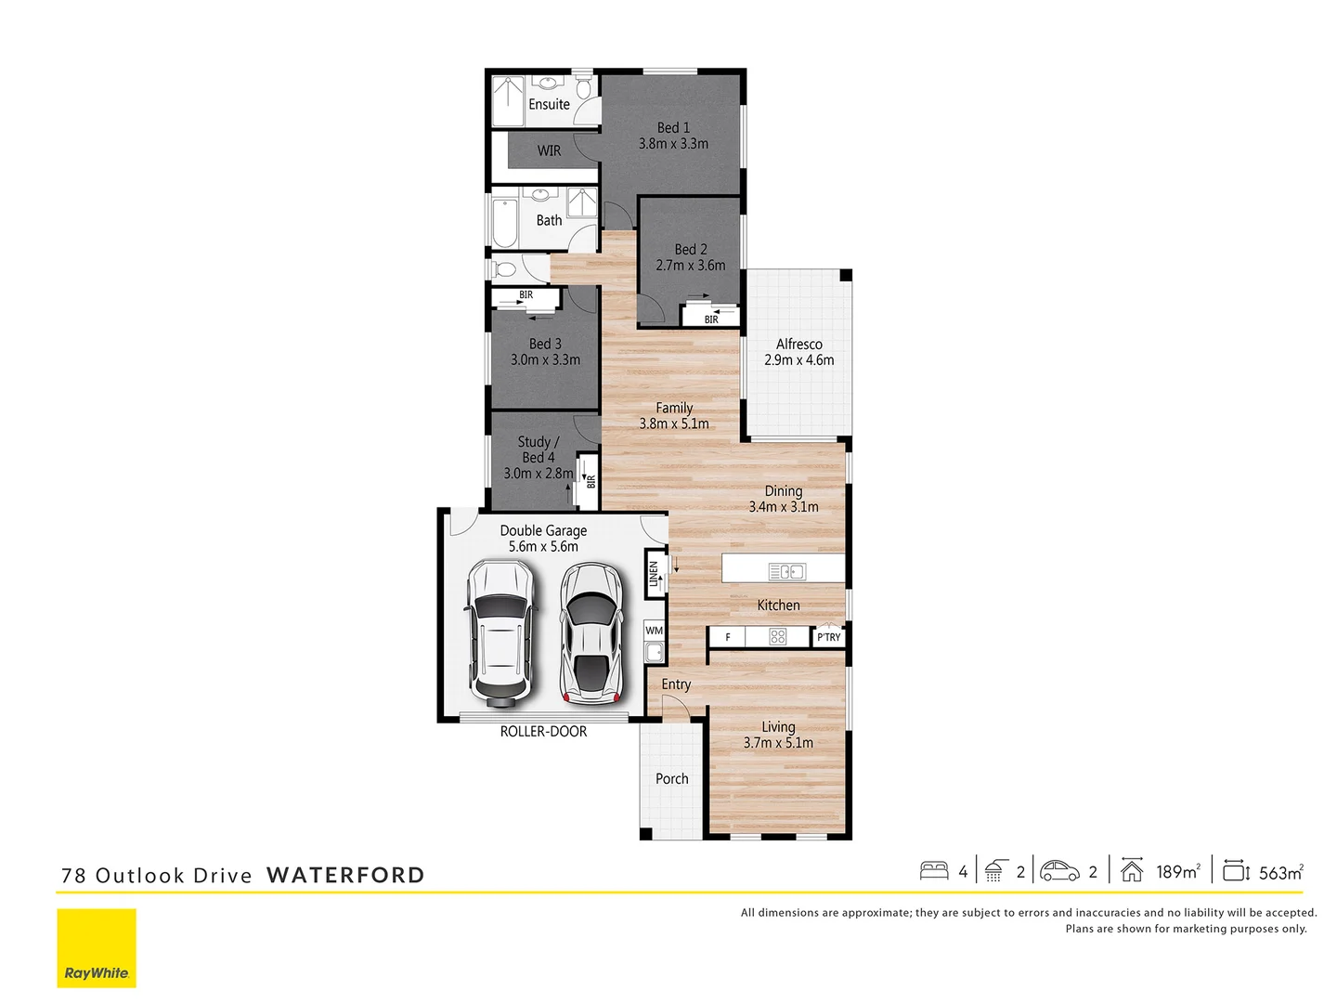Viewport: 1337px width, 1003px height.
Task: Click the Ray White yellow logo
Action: tap(97, 947)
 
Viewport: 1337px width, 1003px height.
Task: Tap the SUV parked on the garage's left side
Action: tap(500, 631)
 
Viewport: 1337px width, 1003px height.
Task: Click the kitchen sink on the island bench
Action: tap(786, 571)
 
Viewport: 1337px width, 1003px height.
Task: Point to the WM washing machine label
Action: tap(655, 631)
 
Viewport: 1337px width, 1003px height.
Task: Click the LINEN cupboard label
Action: tap(655, 573)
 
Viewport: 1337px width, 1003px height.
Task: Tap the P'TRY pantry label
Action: tap(828, 637)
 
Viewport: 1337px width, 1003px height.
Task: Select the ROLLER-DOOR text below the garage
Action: tap(543, 732)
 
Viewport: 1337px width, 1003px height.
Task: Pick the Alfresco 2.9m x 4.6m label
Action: tap(798, 352)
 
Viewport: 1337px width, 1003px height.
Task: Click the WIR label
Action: tap(549, 150)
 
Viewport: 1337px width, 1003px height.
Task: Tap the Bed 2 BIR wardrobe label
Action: tap(711, 319)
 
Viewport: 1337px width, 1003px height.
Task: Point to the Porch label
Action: tap(671, 779)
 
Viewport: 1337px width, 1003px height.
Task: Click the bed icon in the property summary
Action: tap(934, 871)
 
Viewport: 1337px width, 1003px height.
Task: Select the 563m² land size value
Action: tap(1280, 872)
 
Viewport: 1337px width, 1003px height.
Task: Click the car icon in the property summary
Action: tap(1059, 871)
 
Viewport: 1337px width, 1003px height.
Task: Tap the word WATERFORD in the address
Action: tap(345, 875)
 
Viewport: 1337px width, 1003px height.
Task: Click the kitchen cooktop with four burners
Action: tap(778, 637)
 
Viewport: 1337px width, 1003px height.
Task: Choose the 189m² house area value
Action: tap(1177, 872)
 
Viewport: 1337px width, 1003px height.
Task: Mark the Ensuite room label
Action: tap(549, 104)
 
